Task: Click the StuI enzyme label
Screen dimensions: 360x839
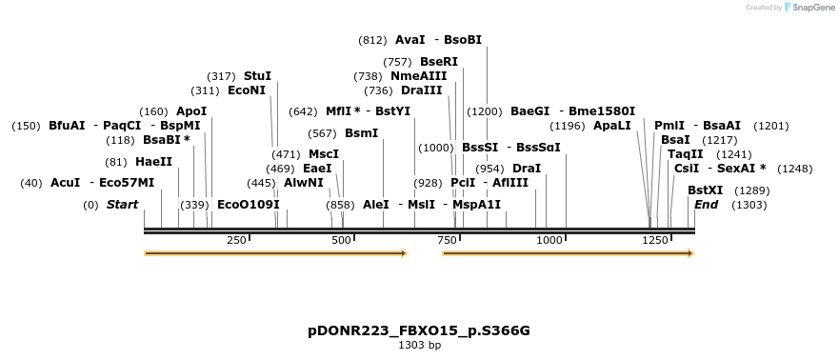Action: coord(257,75)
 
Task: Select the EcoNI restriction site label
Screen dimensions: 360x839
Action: coord(247,90)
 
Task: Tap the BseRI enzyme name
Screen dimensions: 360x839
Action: coord(439,61)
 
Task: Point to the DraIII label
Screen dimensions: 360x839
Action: coord(422,90)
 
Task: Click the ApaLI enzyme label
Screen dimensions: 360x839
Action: coord(611,125)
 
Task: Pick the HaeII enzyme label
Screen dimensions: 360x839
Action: coord(154,162)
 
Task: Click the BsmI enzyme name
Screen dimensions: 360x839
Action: coord(361,132)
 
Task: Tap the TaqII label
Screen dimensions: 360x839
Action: coord(685,153)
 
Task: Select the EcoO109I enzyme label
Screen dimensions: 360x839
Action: coord(249,204)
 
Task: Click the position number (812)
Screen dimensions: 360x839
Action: coord(372,40)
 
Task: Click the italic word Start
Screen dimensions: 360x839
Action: coord(122,204)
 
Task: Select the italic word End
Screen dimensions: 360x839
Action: coord(707,204)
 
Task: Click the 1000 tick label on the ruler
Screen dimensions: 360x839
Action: coord(550,240)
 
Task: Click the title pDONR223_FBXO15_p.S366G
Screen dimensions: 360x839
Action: coord(419,330)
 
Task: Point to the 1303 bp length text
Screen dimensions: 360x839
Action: coord(419,345)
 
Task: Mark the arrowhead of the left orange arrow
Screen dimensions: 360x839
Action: coord(404,253)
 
